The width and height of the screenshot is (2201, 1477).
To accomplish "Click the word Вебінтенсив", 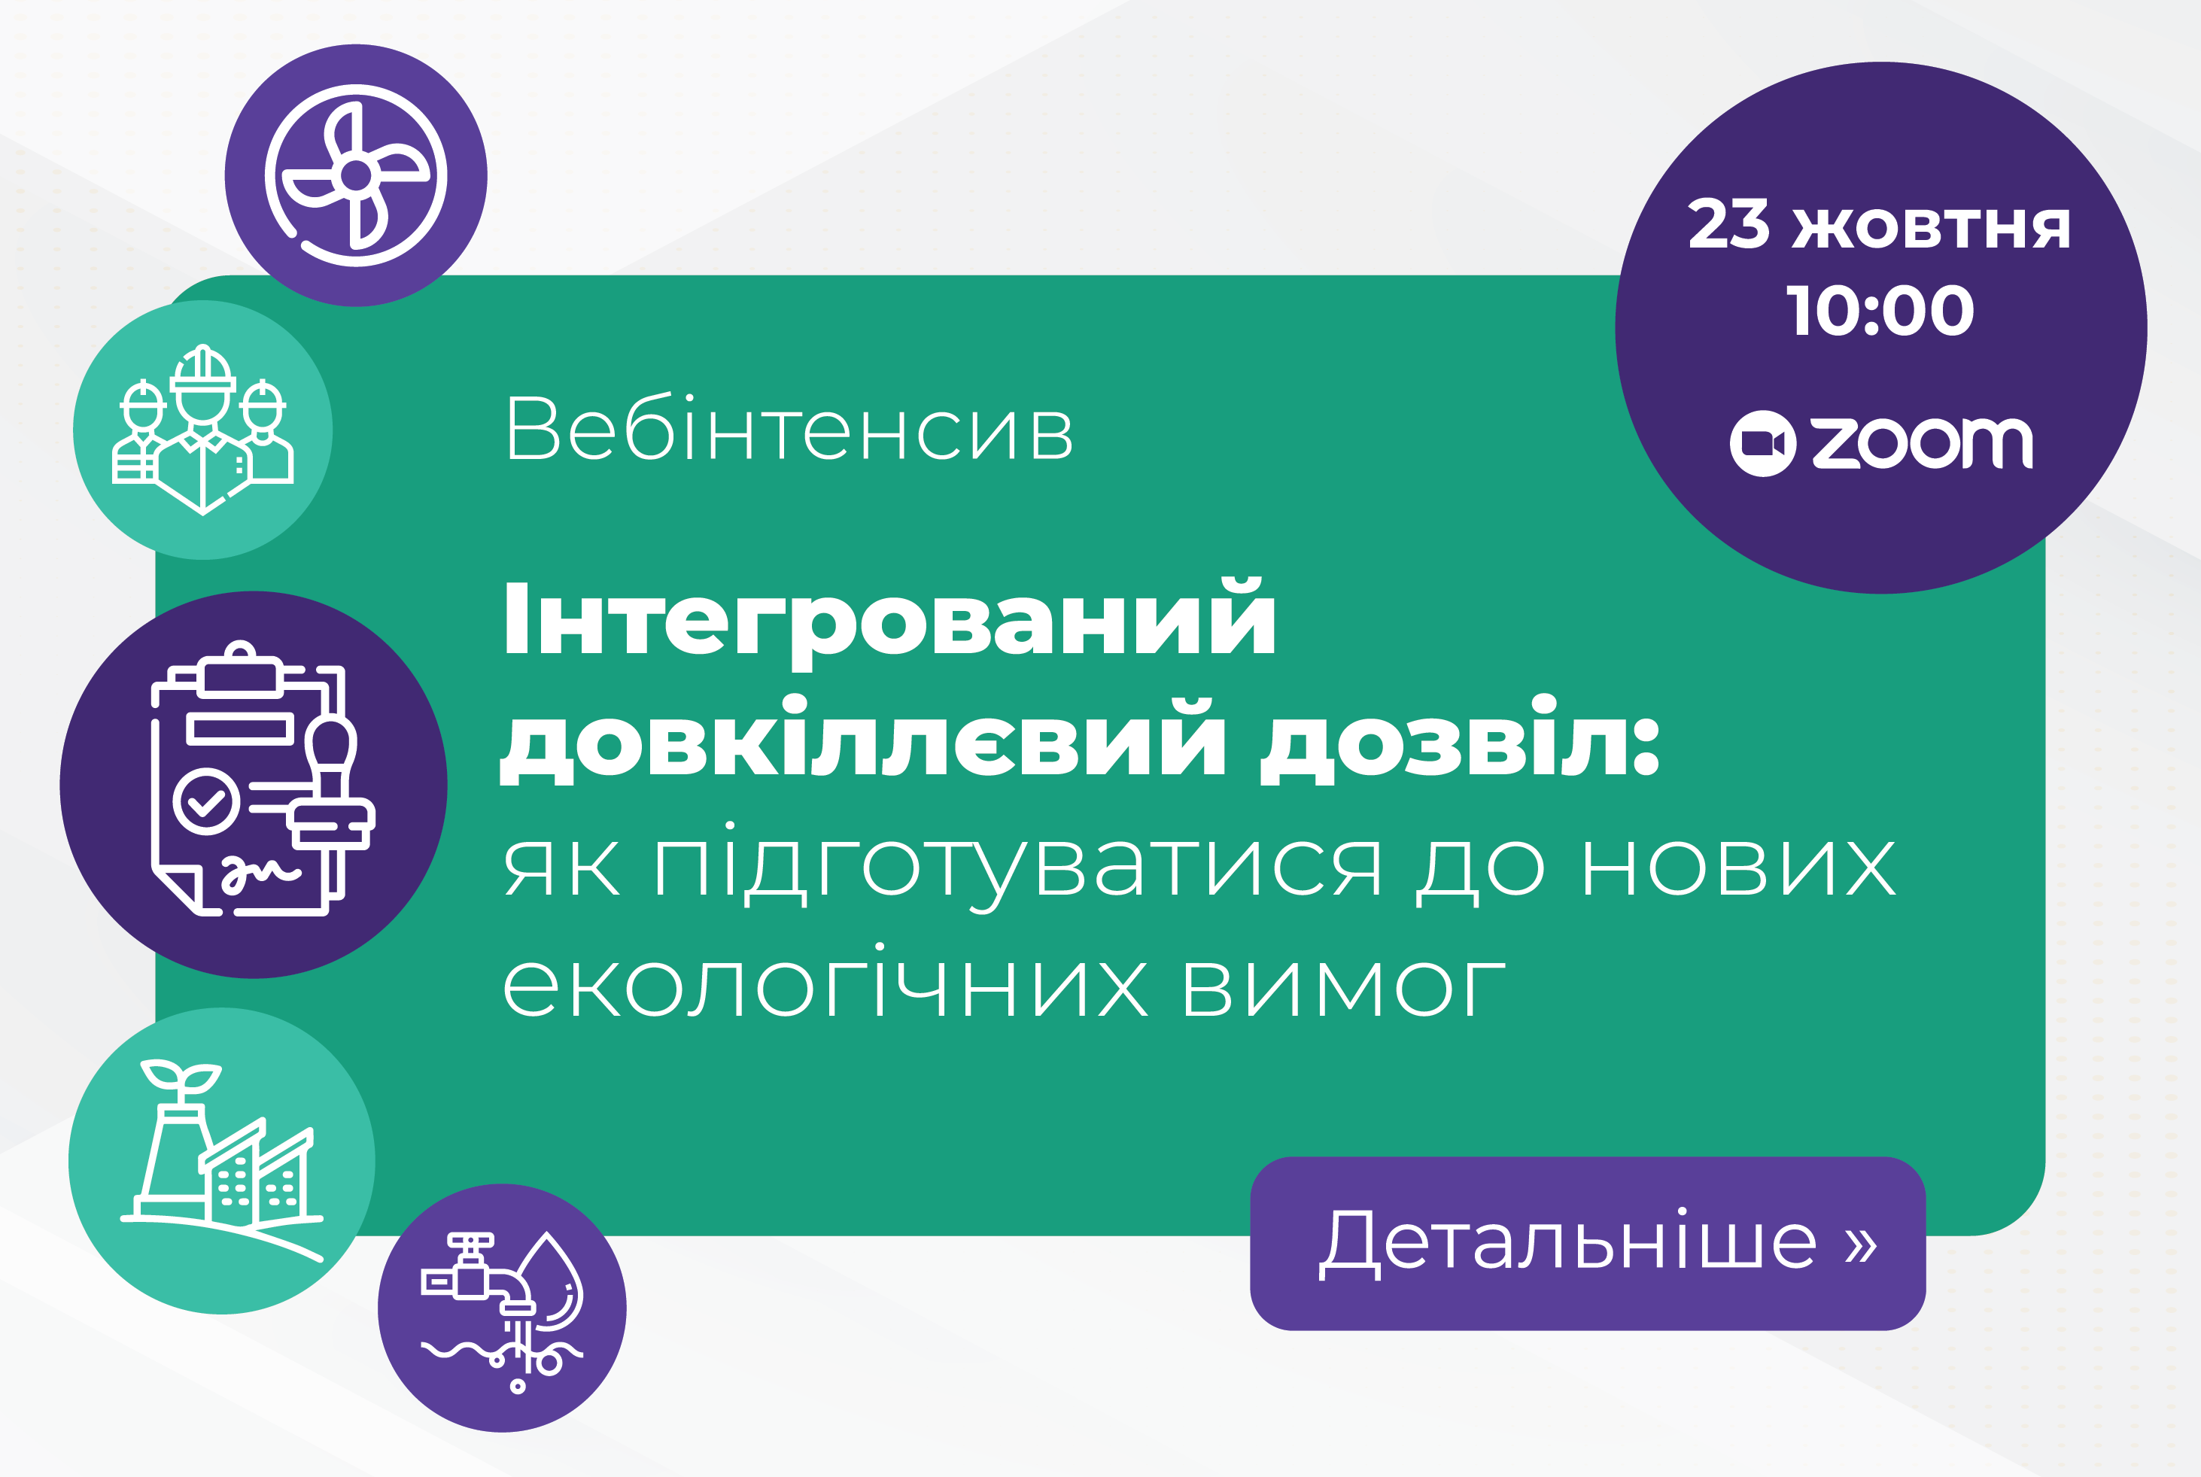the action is [789, 429].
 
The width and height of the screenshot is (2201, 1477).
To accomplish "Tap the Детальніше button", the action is [1588, 1244].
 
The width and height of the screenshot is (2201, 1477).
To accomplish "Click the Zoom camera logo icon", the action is [1762, 442].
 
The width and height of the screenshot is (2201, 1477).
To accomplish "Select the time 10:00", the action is [1880, 311].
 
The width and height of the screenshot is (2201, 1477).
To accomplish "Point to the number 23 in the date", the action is [1728, 225].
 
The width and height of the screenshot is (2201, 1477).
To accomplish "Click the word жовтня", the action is [1931, 229].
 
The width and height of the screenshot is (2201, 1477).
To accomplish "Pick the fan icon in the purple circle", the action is [355, 175].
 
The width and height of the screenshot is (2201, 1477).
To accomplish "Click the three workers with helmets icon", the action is [202, 430].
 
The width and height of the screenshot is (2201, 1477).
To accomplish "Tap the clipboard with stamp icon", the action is [263, 778].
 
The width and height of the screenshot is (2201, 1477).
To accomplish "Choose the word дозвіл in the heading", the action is [1459, 740].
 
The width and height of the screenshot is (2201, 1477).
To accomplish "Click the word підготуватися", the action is [1018, 866].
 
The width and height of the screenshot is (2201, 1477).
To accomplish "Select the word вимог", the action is [1344, 989].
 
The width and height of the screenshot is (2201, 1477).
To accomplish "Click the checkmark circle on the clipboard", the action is [206, 801].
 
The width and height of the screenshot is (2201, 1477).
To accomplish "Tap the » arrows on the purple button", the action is [1860, 1244].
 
